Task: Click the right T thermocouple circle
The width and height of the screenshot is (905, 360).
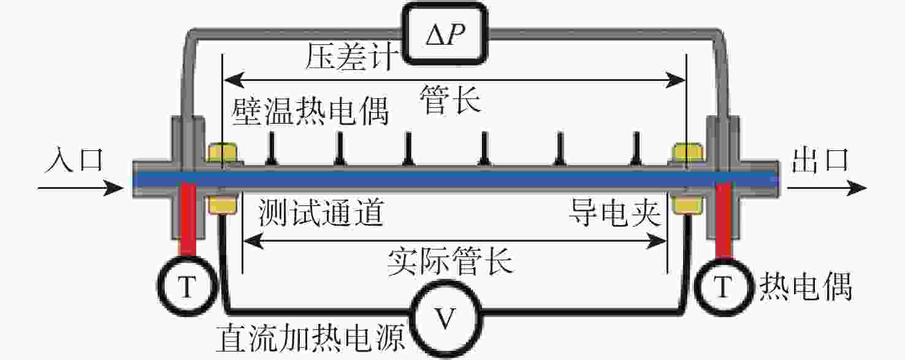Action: pos(725,286)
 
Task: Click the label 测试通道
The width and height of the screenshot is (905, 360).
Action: pos(321,215)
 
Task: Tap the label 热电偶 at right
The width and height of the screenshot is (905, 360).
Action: pos(806,286)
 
